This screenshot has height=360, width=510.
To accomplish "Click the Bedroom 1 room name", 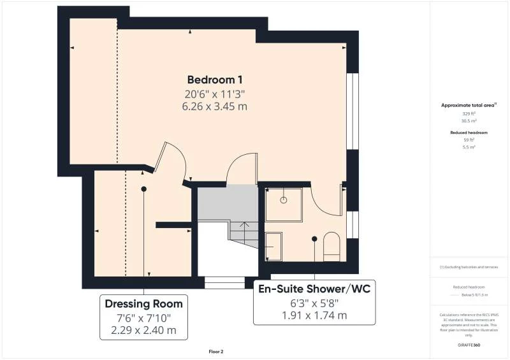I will tap(214, 80).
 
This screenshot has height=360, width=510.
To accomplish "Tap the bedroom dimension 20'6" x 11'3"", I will tap(214, 94).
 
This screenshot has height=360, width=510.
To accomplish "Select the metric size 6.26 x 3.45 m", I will tap(214, 106).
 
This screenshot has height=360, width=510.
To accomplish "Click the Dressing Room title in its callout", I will tap(143, 303).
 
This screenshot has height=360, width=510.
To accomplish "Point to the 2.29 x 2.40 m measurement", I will tap(143, 331).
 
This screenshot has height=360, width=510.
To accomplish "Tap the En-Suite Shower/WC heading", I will tap(314, 289).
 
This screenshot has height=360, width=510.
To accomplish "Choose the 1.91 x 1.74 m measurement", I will tap(314, 315).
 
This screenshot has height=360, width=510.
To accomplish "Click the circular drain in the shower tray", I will tap(284, 199).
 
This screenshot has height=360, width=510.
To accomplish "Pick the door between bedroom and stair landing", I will tap(242, 169).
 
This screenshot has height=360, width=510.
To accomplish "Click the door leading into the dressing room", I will tap(173, 161).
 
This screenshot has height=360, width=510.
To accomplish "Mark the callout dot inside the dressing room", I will tap(144, 189).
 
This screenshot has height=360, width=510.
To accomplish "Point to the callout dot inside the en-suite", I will tap(314, 239).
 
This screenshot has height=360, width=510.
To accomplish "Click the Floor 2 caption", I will tap(216, 351).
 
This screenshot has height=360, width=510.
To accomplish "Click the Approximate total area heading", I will tap(469, 105).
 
